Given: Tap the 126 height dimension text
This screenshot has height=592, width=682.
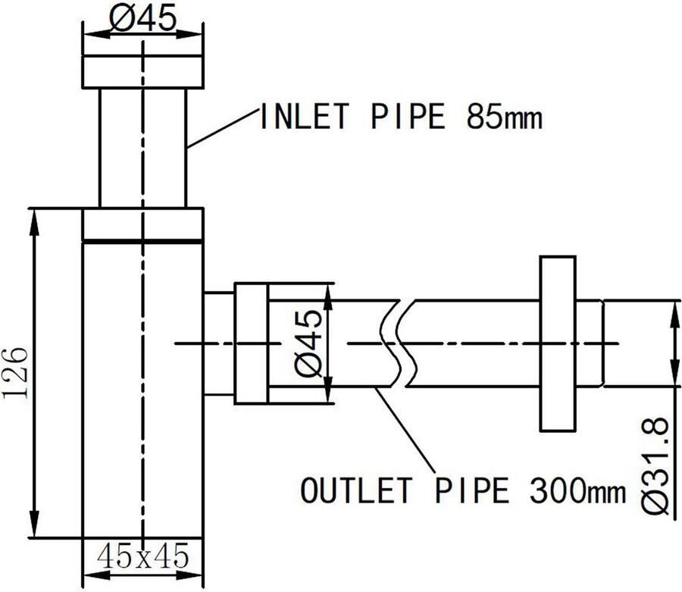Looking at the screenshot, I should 16,372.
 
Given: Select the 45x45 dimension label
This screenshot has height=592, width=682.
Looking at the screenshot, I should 142,557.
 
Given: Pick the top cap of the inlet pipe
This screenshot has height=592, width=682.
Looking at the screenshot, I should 142,72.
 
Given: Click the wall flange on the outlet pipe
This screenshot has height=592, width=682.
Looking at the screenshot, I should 558,343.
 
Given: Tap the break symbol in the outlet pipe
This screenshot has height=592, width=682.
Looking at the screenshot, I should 396,343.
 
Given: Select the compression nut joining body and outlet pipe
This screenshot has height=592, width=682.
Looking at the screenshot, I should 251,343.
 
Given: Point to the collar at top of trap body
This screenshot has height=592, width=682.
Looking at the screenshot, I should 142,225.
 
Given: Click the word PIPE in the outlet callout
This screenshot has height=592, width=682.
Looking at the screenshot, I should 471,490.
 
